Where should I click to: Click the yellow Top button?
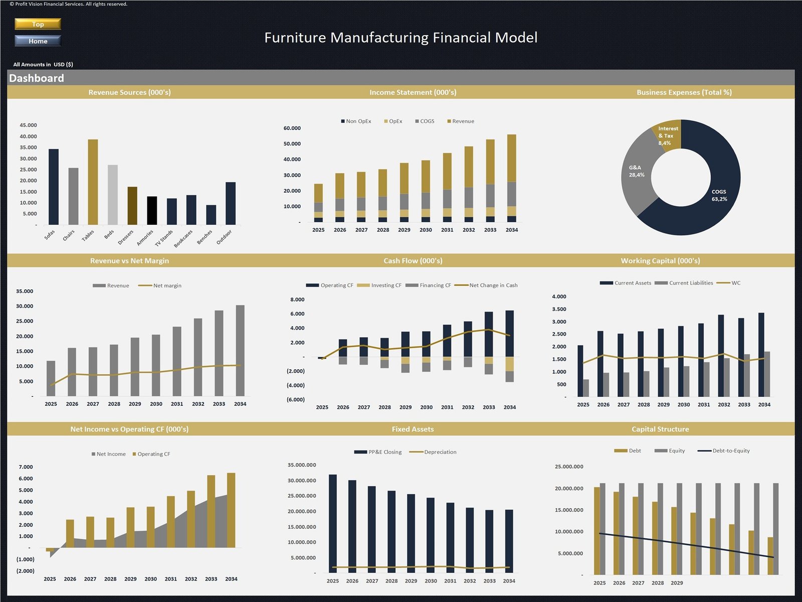(38, 24)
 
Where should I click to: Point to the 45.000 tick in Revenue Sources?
(28, 125)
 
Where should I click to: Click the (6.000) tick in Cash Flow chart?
(296, 400)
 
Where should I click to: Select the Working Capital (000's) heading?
(660, 261)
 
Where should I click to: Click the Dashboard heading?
(37, 78)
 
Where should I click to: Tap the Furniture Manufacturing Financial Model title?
(400, 38)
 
